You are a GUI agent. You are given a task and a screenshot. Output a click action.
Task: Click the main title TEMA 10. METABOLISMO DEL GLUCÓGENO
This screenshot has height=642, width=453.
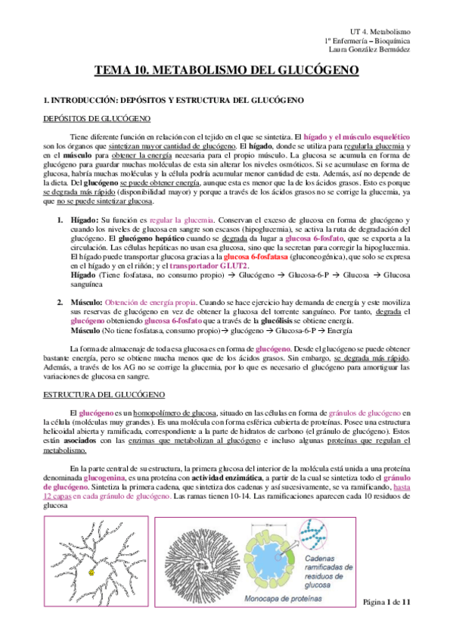pyautogui.click(x=226, y=72)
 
